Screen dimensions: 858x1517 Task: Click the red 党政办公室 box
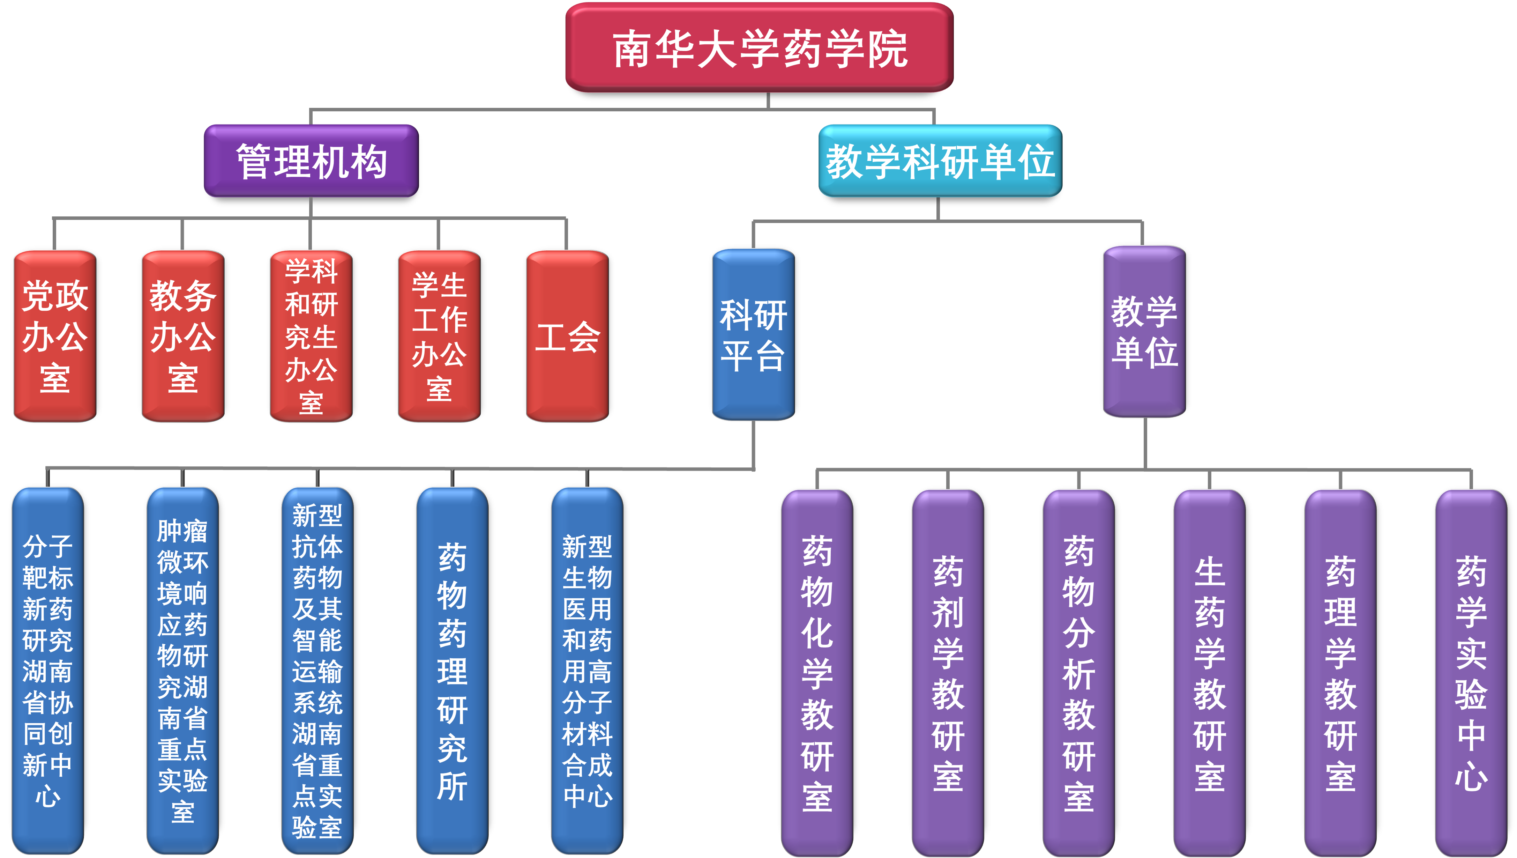[55, 336]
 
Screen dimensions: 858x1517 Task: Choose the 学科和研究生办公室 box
[311, 336]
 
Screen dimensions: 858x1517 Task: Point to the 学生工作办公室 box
[439, 336]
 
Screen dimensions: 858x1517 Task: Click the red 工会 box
[567, 336]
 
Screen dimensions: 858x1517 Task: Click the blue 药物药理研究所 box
[452, 671]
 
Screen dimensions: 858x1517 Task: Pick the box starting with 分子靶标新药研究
[48, 671]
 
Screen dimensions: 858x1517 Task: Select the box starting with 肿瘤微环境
[182, 671]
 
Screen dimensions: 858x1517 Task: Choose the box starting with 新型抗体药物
[317, 671]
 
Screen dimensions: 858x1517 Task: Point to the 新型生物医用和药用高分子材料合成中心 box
[587, 671]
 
